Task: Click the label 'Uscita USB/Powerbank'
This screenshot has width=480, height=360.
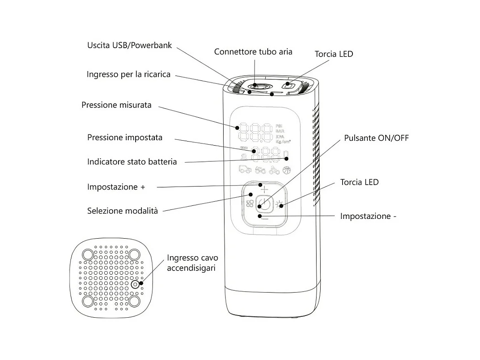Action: pyautogui.click(x=129, y=45)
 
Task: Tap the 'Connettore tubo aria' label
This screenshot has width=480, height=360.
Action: pyautogui.click(x=253, y=52)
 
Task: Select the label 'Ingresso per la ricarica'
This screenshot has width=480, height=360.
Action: pyautogui.click(x=128, y=74)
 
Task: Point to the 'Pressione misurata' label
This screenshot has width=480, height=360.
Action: pyautogui.click(x=116, y=105)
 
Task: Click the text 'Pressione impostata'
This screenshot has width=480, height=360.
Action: pyautogui.click(x=125, y=138)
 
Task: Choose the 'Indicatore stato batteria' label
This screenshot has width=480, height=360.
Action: pyautogui.click(x=132, y=162)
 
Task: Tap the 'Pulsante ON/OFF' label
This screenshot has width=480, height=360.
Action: pyautogui.click(x=376, y=138)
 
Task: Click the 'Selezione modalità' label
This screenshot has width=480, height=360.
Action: pyautogui.click(x=123, y=211)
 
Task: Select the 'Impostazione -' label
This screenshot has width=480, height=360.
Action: pyautogui.click(x=368, y=216)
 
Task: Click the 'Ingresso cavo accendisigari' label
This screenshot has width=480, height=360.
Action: pyautogui.click(x=192, y=263)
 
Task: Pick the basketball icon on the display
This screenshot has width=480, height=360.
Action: pyautogui.click(x=286, y=170)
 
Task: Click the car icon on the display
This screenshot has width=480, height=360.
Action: pyautogui.click(x=244, y=170)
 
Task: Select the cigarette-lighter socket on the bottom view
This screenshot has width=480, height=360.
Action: pyautogui.click(x=136, y=284)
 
